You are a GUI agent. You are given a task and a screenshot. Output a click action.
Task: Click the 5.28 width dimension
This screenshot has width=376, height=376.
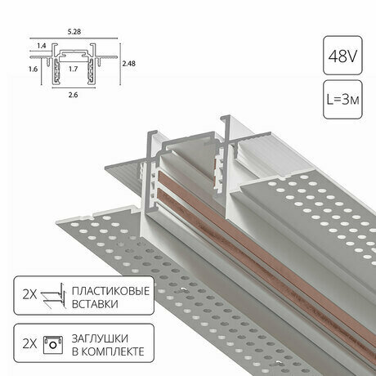tap(74, 32)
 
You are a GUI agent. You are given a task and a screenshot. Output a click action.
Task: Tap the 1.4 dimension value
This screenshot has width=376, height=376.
tap(41, 46)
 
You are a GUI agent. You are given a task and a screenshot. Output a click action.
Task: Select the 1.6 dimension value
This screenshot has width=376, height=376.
tap(33, 69)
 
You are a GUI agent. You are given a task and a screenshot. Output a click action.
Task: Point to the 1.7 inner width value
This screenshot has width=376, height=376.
tap(73, 69)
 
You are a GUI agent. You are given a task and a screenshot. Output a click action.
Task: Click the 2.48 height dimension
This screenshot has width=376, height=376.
tap(128, 64)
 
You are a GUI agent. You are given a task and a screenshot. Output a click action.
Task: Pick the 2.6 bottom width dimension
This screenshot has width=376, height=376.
tap(73, 95)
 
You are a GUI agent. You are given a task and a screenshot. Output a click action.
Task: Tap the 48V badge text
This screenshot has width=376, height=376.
tap(342, 56)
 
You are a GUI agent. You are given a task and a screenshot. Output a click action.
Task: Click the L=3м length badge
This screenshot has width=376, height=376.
tap(342, 100)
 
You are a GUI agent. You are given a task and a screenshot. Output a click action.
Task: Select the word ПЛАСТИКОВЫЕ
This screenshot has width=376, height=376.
tap(110, 291)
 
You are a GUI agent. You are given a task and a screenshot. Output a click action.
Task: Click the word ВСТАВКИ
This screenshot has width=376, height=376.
tap(95, 304)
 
